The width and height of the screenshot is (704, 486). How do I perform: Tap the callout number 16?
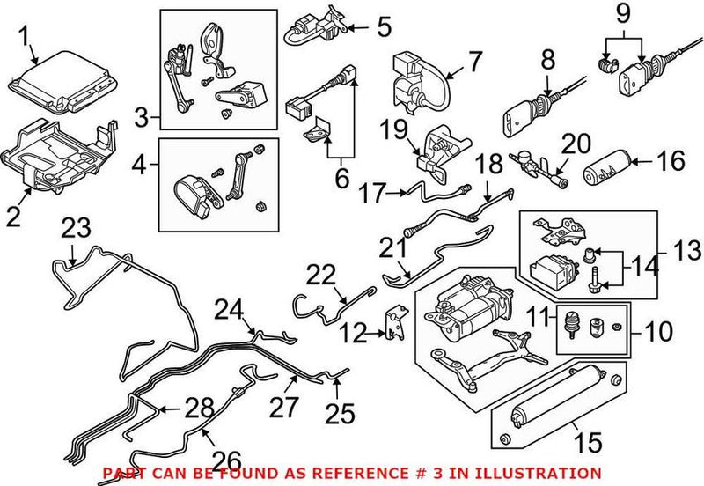coord(671,163)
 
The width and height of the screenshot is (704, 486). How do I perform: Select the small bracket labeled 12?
coord(392,323)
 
